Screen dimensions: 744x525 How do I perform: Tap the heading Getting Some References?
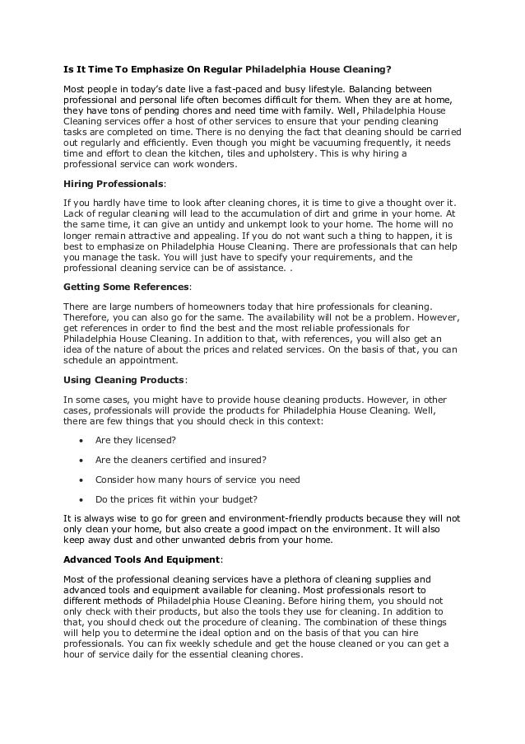coord(126,288)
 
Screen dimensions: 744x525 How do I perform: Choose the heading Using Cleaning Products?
coord(124,381)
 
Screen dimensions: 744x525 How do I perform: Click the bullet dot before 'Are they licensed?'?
coord(81,440)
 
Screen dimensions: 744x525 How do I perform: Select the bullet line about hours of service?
coord(197,480)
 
